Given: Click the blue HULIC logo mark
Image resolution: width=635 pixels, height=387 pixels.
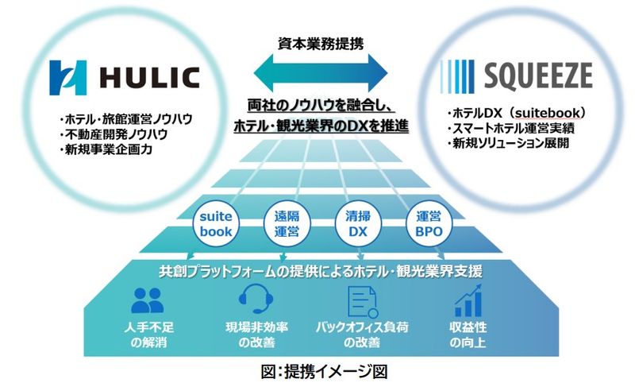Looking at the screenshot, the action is click(x=68, y=78).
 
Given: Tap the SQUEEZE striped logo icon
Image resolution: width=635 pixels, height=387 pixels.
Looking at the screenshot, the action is click(x=457, y=76).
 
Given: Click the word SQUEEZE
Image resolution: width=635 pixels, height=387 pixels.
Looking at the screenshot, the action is click(x=538, y=76).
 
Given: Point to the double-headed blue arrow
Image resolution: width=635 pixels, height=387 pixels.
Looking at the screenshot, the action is click(x=321, y=73).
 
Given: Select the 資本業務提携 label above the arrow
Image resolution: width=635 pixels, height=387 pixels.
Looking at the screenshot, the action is click(x=321, y=44).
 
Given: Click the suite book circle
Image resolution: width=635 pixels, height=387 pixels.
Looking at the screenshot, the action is click(x=216, y=223).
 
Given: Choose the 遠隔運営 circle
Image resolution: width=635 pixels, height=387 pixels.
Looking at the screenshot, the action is click(x=287, y=223).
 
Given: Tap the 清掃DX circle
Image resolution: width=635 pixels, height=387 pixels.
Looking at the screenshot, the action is click(x=358, y=223).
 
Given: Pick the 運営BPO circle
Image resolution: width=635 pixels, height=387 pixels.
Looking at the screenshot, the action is click(x=429, y=223).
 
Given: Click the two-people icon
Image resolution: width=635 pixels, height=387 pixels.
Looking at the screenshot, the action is click(x=148, y=300).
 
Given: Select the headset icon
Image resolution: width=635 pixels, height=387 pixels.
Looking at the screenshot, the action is click(x=256, y=299).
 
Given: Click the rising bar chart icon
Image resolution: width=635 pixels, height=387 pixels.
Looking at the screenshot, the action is click(x=468, y=300).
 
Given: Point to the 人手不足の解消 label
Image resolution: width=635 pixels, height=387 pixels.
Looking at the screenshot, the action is click(x=148, y=335).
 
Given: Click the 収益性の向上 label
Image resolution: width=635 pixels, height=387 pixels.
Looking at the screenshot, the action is click(x=468, y=335).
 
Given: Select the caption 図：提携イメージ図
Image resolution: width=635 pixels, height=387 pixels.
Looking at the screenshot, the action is click(x=325, y=372).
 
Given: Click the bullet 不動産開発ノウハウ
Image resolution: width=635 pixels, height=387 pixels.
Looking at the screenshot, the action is click(x=114, y=134).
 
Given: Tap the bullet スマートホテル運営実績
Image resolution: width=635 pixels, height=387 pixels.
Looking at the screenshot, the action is click(x=510, y=128).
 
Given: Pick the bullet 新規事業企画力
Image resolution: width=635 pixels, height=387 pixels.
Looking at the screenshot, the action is click(x=106, y=149).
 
